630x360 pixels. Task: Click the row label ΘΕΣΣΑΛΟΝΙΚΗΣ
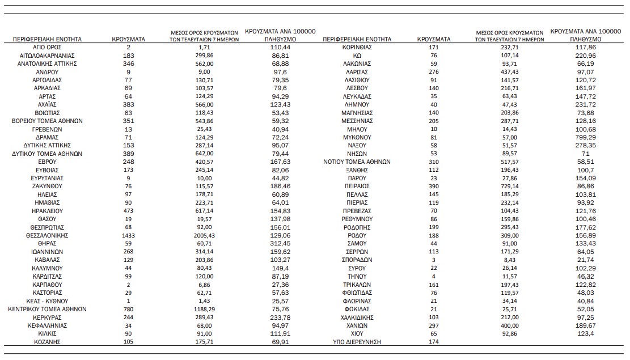click(x=47, y=235)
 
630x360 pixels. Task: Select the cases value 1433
click(x=129, y=235)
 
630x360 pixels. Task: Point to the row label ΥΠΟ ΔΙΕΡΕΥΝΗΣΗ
click(x=357, y=342)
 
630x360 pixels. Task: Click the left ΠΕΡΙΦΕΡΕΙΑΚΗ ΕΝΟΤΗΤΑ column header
click(x=47, y=40)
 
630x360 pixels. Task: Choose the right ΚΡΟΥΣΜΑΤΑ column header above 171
click(x=434, y=40)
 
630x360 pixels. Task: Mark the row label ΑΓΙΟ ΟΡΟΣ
click(x=47, y=48)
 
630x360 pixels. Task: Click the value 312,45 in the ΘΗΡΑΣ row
click(x=280, y=243)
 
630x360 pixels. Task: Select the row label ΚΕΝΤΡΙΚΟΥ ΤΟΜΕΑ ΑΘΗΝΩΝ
click(x=47, y=310)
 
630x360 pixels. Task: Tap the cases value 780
click(x=129, y=310)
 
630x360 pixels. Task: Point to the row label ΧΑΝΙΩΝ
click(x=357, y=326)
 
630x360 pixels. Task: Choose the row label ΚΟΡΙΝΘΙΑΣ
click(x=357, y=48)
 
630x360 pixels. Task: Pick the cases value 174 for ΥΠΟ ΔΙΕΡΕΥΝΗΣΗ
click(x=434, y=342)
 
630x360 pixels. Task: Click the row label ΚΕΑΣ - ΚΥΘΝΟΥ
click(x=47, y=301)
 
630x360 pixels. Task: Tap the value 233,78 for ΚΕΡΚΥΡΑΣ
click(x=280, y=318)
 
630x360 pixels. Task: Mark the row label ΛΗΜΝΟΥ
click(x=357, y=105)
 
